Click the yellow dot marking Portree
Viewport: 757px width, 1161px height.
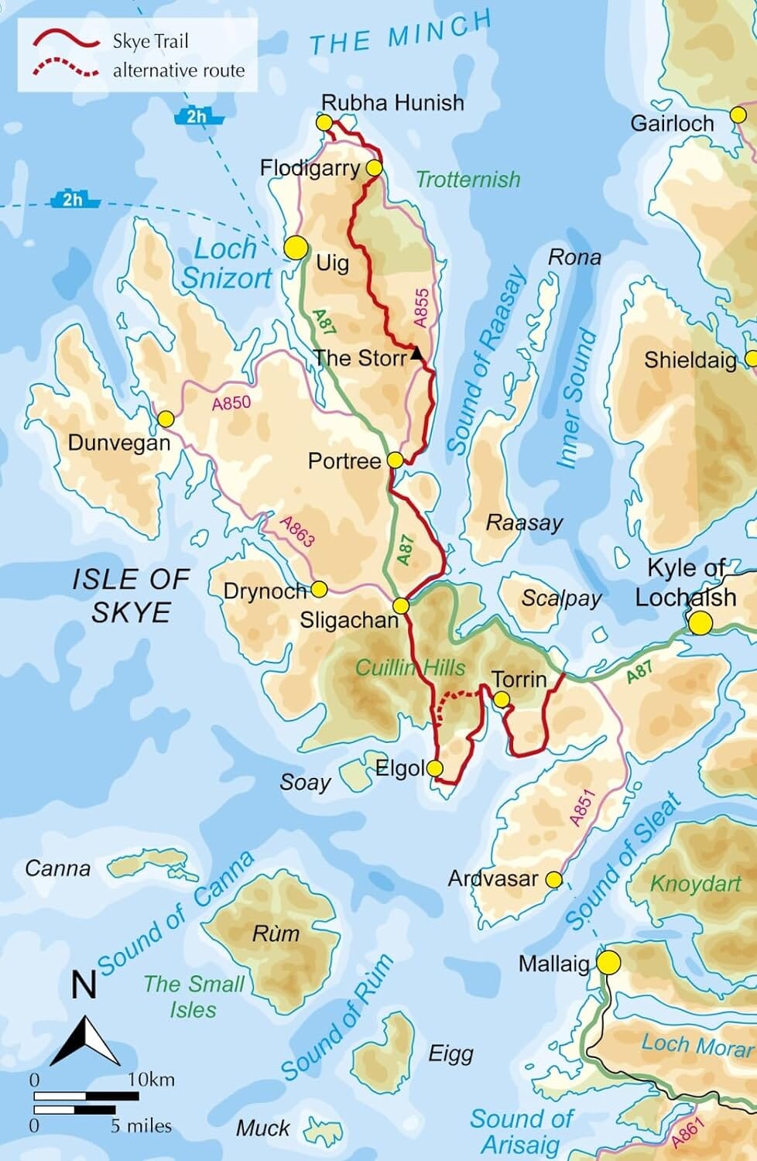point(395,461)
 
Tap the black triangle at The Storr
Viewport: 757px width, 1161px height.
point(416,354)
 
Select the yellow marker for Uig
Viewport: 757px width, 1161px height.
point(296,248)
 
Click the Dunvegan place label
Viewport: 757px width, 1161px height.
point(118,443)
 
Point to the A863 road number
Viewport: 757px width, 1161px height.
point(297,531)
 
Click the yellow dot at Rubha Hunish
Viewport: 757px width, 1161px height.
point(324,122)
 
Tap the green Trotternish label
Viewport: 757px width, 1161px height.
point(468,180)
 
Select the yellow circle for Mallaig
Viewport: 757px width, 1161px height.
point(608,963)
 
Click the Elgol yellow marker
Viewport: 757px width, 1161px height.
point(434,768)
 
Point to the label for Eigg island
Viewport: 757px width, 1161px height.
point(450,1053)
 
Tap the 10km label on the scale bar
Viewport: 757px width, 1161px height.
point(151,1079)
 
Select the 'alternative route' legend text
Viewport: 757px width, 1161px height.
point(178,70)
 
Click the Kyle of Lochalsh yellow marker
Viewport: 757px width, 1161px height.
point(700,623)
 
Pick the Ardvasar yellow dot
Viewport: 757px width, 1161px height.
point(553,879)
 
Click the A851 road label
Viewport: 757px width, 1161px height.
point(581,807)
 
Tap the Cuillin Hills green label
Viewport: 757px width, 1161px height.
point(410,667)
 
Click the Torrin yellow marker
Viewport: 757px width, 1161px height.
point(502,700)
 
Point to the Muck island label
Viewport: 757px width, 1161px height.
point(263,1128)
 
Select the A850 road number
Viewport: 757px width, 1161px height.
point(231,403)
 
